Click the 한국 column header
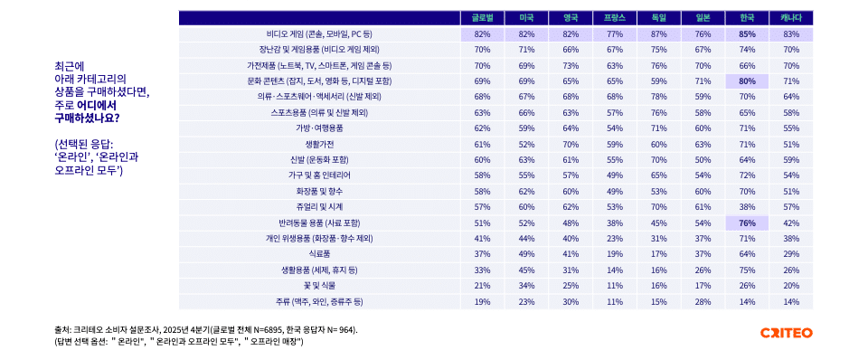click(x=747, y=17)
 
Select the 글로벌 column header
click(x=482, y=17)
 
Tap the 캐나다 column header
click(x=791, y=17)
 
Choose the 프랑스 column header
click(x=615, y=17)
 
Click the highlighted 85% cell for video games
click(x=747, y=33)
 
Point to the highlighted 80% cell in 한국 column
click(x=747, y=81)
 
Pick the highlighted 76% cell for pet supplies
click(x=747, y=223)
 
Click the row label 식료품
click(x=320, y=254)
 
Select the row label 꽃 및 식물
click(x=320, y=285)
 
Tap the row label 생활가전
click(x=320, y=144)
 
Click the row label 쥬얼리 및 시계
click(x=320, y=206)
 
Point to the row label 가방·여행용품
click(x=320, y=128)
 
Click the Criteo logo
click(x=787, y=333)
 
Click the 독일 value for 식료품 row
click(x=658, y=254)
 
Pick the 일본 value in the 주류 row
click(x=703, y=301)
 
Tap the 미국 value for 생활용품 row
click(x=526, y=270)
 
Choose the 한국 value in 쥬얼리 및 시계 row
click(x=747, y=206)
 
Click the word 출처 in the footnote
click(x=63, y=329)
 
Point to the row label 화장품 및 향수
click(x=320, y=191)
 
